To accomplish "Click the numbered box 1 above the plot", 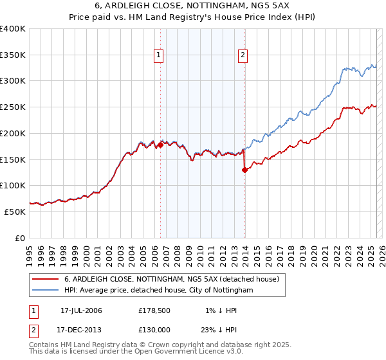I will pyautogui.click(x=159, y=56).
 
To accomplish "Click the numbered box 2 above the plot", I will pyautogui.click(x=243, y=56).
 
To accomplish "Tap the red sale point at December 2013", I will pyautogui.click(x=244, y=170).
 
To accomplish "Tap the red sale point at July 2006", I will pyautogui.click(x=160, y=145).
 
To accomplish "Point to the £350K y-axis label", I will pyautogui.click(x=13, y=55).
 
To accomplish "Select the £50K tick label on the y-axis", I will pyautogui.click(x=15, y=212).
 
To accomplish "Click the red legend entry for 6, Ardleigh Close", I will pyautogui.click(x=171, y=279).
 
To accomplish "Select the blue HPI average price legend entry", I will pyautogui.click(x=159, y=291).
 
